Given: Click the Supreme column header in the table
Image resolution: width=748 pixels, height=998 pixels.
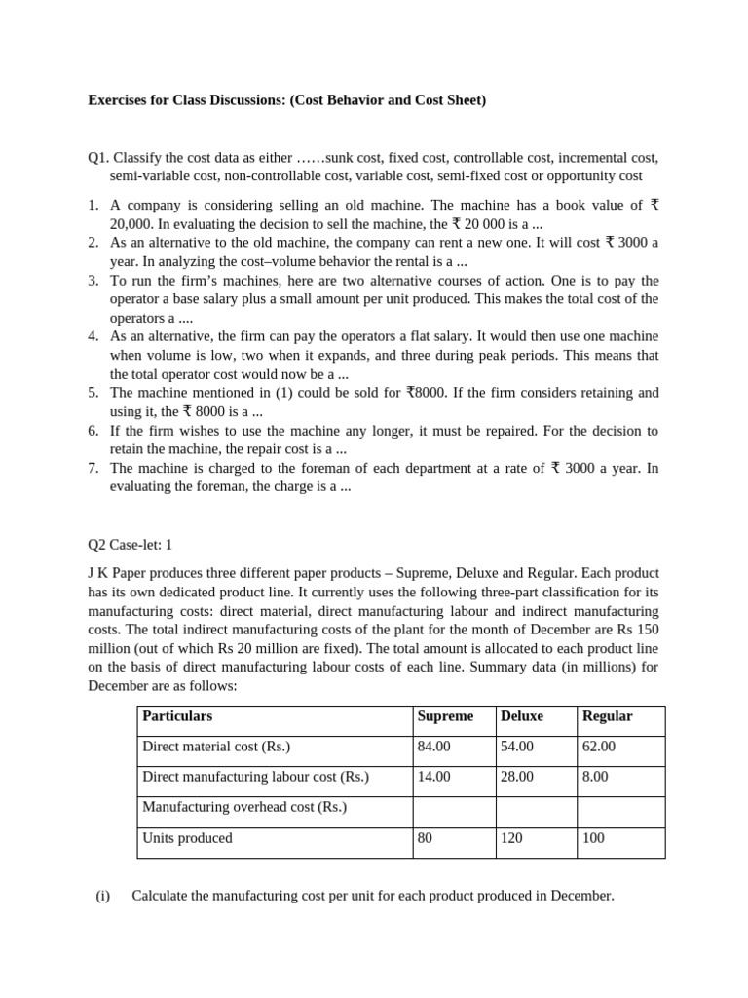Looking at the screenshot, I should coord(445,716).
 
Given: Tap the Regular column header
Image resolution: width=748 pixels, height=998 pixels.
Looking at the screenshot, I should coord(607,716).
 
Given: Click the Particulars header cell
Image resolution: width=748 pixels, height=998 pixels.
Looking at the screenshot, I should coord(177,716).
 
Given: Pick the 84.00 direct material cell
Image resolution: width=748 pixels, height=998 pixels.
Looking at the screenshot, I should coord(433,747).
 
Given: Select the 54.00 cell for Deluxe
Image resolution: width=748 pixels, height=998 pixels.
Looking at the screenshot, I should coord(516,747).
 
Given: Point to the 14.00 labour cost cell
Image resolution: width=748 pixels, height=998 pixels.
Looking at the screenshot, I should coord(433,777).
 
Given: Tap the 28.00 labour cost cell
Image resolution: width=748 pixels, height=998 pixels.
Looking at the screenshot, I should coord(516,777).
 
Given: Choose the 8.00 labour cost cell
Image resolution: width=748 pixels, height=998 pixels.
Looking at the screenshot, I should coord(595,777).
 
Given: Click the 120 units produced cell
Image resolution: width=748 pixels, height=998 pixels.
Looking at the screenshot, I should coord(511,837).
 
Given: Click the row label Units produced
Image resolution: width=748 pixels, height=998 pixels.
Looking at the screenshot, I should coord(187,837).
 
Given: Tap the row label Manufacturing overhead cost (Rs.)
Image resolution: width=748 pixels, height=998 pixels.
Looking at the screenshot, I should coord(244,807).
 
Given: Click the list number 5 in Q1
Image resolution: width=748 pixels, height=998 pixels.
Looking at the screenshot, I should coord(93,393).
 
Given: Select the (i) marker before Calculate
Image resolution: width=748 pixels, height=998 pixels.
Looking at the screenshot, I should coord(103,896).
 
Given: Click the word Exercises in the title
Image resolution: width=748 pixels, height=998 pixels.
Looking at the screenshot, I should coord(119,100).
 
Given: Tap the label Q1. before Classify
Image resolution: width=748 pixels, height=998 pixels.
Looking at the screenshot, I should coord(98,158).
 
